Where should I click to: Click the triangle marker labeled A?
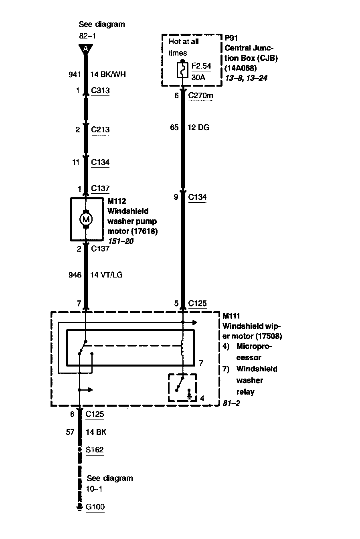85,49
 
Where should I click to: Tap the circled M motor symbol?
85,219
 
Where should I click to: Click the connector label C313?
100,91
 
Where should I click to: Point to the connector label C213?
100,130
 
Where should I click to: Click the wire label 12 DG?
198,128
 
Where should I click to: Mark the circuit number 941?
75,74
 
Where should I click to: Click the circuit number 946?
75,275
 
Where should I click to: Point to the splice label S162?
95,450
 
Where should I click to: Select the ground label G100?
95,507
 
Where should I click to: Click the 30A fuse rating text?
198,77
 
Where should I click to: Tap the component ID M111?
231,316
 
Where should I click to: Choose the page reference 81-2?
231,403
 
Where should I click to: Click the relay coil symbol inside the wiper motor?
183,349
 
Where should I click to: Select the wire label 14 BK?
96,432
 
